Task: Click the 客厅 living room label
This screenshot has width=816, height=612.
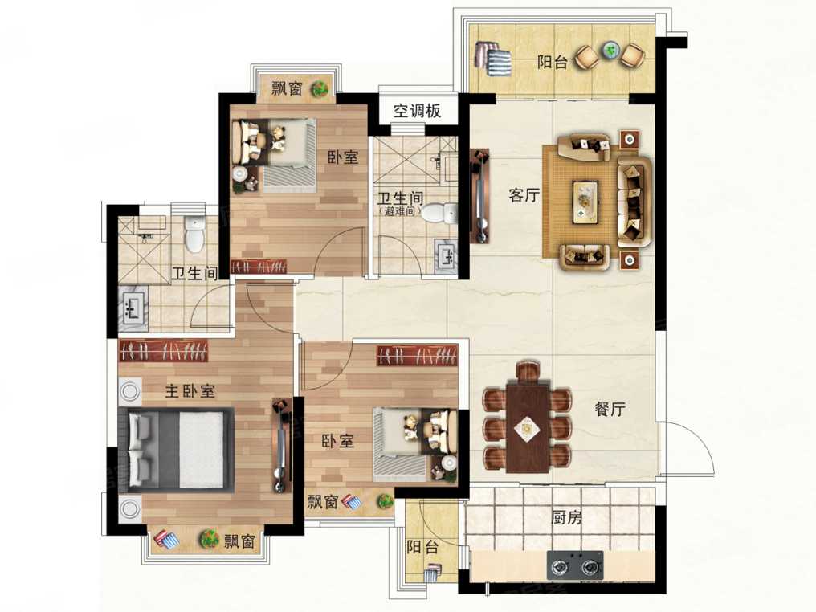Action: coord(524,196)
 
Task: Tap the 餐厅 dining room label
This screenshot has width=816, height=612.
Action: coord(610,410)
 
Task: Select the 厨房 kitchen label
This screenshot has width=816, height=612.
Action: coord(566,517)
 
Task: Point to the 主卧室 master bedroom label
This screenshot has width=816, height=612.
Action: coord(190,391)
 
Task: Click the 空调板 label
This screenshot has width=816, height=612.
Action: coord(417,110)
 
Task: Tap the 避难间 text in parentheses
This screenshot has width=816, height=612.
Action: coord(400,212)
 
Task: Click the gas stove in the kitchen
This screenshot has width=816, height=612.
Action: coord(575,565)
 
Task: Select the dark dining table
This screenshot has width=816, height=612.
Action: coord(528,427)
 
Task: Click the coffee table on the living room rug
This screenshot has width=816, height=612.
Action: coord(585,202)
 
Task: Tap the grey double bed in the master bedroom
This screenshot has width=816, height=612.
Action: coord(176,450)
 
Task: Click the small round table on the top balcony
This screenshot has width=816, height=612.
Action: coord(610,51)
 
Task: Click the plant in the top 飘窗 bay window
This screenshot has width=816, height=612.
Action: coord(319,88)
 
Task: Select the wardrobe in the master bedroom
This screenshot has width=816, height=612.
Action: coord(164,351)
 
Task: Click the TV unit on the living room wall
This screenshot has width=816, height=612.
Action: coord(479,196)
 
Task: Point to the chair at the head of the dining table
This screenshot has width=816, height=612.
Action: coord(528,371)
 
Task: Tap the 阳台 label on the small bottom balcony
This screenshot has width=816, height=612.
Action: coord(422,547)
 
